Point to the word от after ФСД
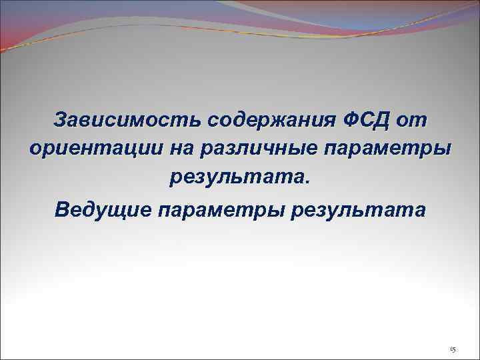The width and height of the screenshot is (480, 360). pos(412,121)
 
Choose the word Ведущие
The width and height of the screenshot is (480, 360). pos(103,211)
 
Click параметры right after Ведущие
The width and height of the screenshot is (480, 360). pos(214,211)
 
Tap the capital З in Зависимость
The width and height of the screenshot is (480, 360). pos(61,121)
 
